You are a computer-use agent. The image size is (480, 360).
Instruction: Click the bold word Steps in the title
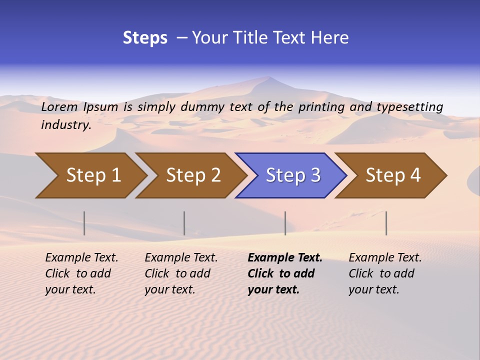(x=145, y=38)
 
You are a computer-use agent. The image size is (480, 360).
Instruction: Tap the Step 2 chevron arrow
(x=193, y=175)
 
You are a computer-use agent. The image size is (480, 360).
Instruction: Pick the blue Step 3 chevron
(x=293, y=175)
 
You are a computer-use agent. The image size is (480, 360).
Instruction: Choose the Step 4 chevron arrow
(x=393, y=175)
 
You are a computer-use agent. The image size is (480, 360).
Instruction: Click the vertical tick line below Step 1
(x=84, y=223)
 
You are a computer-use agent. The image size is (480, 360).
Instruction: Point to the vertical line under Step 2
(x=184, y=223)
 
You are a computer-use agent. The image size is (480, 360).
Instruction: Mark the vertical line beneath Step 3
(x=285, y=223)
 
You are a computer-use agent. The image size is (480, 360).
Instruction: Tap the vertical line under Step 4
(x=386, y=223)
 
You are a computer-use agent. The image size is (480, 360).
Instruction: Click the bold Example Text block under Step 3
(x=285, y=273)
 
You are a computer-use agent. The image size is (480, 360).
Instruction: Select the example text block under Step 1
(x=81, y=273)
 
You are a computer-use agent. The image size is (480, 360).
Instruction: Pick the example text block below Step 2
(x=181, y=273)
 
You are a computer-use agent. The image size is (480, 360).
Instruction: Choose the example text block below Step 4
(x=385, y=273)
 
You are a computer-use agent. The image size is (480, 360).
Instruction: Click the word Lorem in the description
(x=59, y=107)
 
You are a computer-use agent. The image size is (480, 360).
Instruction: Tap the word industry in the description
(x=66, y=125)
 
